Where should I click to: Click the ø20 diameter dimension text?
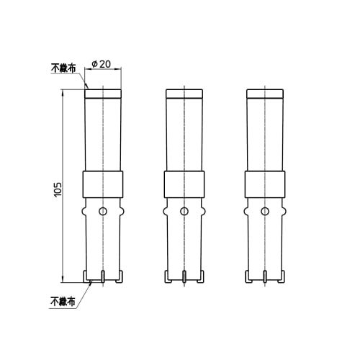[x=102, y=64]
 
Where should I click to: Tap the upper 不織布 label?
[x=63, y=69]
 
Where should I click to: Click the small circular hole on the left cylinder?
[x=104, y=211]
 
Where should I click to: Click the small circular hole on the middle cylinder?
[x=184, y=211]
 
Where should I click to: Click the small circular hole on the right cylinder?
[x=265, y=211]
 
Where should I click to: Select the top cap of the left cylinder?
[x=104, y=93]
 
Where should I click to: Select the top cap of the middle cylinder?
[x=184, y=93]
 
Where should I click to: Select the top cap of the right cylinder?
[x=265, y=93]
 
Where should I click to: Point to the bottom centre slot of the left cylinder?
[x=104, y=276]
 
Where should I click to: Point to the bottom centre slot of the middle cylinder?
[x=184, y=276]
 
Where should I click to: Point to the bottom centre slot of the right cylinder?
[x=265, y=276]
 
